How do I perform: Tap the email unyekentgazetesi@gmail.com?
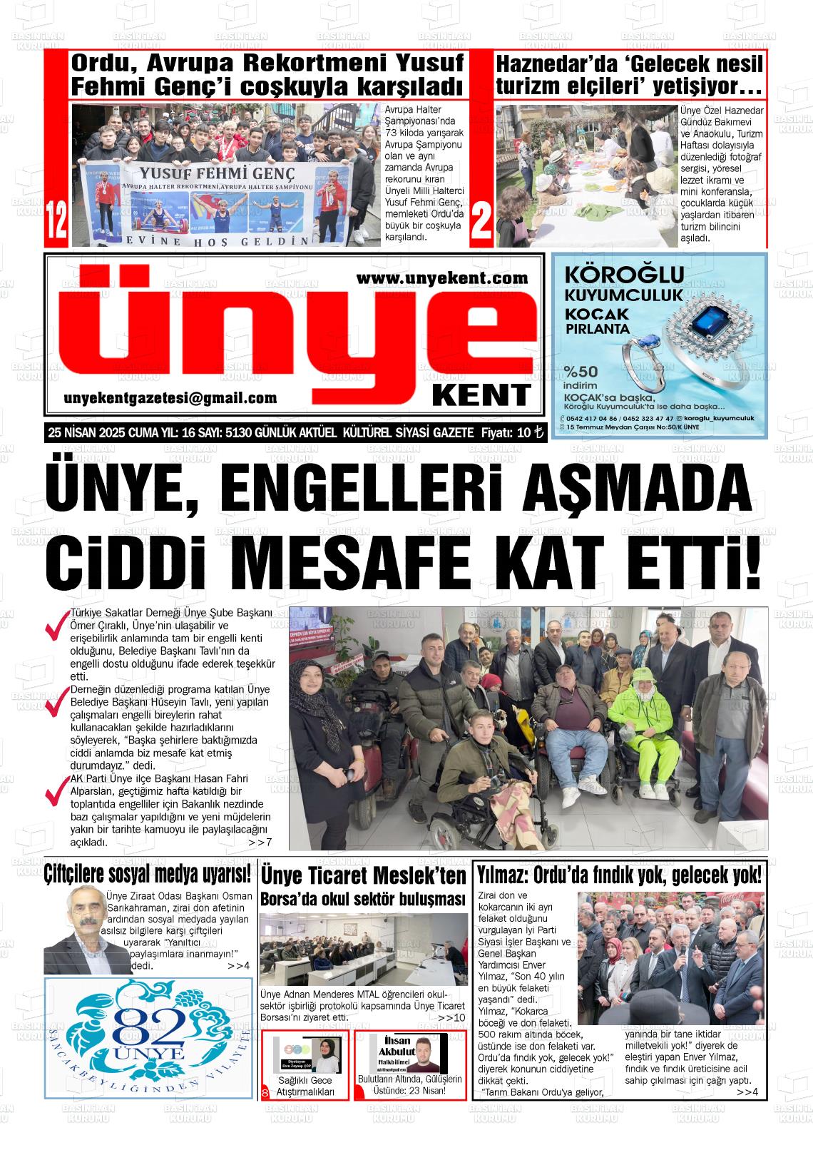(170, 398)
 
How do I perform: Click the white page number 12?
(56, 222)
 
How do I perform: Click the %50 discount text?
(581, 372)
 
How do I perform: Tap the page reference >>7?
(260, 843)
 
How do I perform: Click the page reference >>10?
(452, 1017)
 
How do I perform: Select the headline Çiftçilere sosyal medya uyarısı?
(148, 873)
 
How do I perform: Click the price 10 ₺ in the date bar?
(528, 433)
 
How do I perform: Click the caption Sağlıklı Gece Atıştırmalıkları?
(305, 1086)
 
